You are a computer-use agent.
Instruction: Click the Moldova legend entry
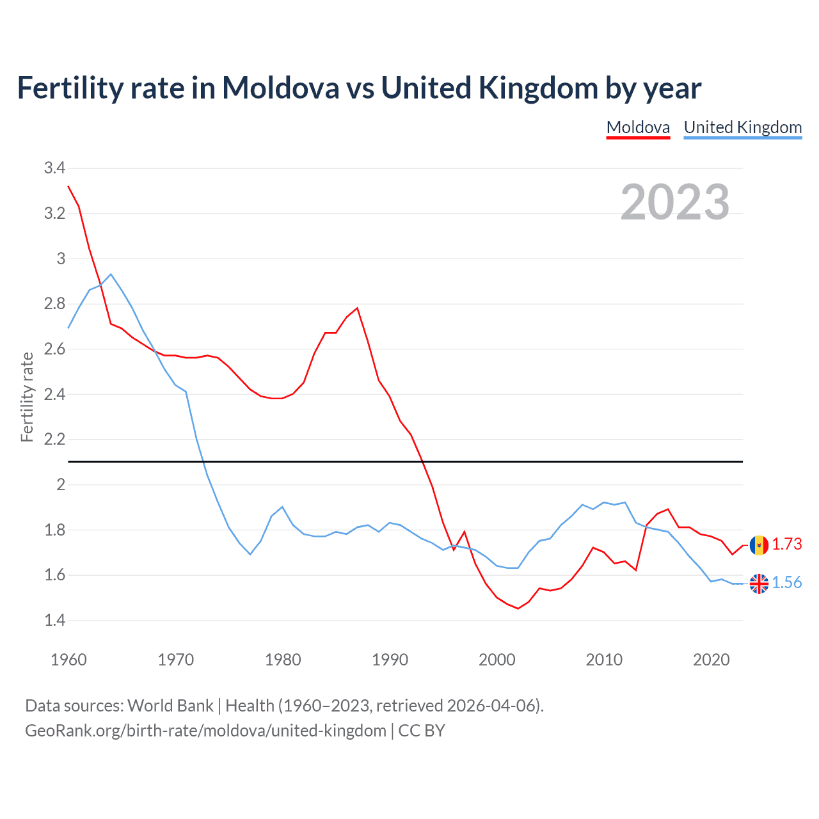click(x=638, y=127)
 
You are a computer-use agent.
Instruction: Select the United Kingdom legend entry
click(x=742, y=127)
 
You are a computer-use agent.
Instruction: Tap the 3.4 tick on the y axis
click(x=54, y=168)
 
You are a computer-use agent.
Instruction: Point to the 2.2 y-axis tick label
click(x=54, y=440)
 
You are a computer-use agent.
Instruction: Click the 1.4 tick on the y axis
click(x=54, y=620)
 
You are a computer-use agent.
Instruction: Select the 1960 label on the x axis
click(x=68, y=660)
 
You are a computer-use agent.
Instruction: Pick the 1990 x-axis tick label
click(x=390, y=660)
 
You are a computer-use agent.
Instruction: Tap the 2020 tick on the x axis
click(x=711, y=660)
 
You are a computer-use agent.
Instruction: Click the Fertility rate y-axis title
click(x=27, y=397)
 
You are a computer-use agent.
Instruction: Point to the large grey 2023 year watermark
click(x=675, y=202)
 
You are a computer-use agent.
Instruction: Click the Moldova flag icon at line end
click(x=759, y=545)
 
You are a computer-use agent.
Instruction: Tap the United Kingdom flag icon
click(x=759, y=584)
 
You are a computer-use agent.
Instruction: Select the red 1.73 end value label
click(x=787, y=544)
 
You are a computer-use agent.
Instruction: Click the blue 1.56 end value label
click(x=787, y=582)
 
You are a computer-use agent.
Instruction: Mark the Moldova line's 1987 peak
click(x=357, y=308)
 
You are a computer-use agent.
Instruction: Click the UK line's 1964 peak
click(x=111, y=274)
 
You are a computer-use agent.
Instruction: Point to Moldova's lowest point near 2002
click(x=518, y=608)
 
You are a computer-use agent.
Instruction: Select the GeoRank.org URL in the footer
click(x=205, y=731)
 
